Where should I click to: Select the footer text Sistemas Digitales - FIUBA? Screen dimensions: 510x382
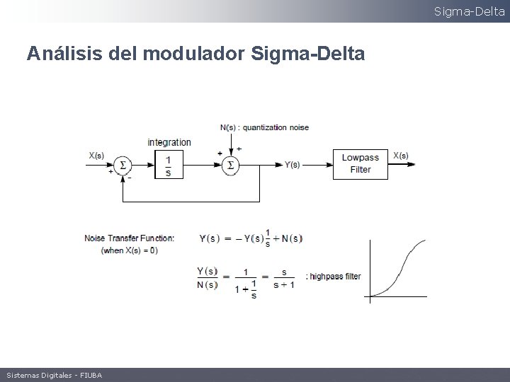[x=53, y=375]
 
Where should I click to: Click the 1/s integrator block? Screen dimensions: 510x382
[x=169, y=164]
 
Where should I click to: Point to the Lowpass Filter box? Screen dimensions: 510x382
[x=361, y=163]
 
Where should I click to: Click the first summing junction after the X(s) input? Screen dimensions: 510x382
[x=123, y=165]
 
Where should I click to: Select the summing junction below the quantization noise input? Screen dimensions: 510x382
[x=229, y=165]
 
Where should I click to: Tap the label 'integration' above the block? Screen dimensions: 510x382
[x=169, y=142]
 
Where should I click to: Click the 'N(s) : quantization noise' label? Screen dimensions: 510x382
[x=264, y=128]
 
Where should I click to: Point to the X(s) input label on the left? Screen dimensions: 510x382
[x=96, y=156]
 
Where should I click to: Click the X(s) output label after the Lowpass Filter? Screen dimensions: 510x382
[x=400, y=156]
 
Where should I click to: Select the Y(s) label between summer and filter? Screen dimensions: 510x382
[x=292, y=165]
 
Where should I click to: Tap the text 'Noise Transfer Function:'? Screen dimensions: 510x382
[x=129, y=238]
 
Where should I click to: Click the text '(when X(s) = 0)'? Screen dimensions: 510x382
[x=130, y=250]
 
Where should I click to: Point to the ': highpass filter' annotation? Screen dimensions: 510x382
[x=333, y=277]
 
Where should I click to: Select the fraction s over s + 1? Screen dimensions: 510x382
[x=284, y=277]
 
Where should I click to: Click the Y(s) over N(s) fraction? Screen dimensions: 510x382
[x=207, y=277]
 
